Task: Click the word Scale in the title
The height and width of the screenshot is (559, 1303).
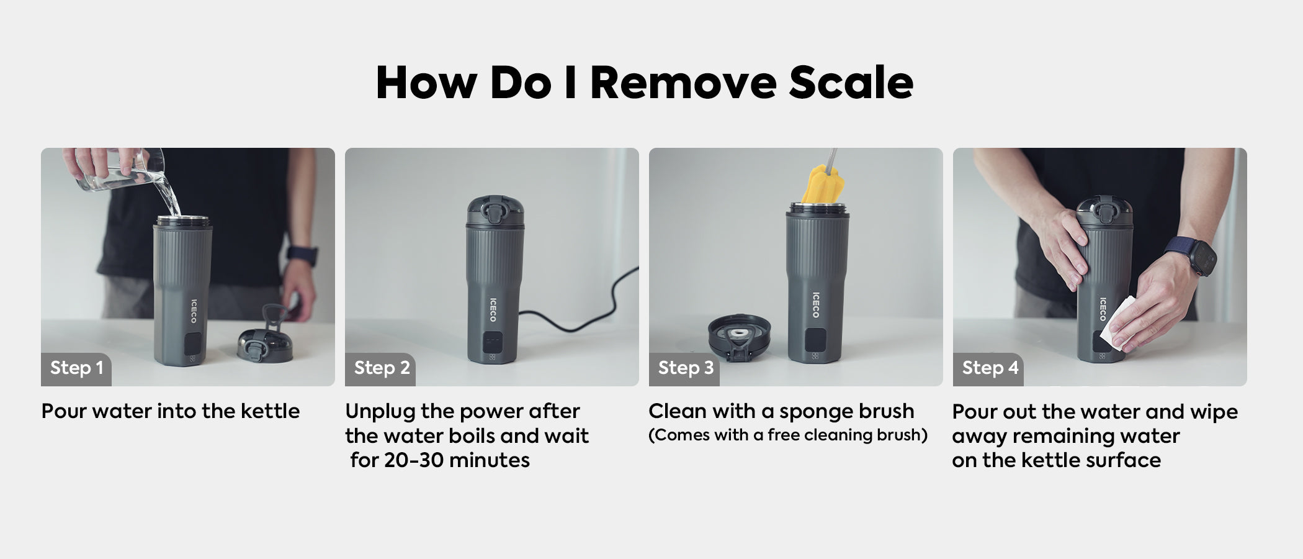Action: (851, 82)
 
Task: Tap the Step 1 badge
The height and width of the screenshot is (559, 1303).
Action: (76, 369)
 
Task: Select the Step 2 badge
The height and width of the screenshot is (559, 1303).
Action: (380, 369)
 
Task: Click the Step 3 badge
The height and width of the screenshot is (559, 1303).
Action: (684, 369)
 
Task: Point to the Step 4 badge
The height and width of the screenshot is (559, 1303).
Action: (988, 369)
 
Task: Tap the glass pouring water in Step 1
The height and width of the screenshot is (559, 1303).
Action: (118, 170)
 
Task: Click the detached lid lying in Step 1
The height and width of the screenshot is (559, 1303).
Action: (265, 339)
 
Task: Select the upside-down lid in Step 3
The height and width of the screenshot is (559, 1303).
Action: (740, 339)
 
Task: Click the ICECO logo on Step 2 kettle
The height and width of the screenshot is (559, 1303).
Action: (493, 309)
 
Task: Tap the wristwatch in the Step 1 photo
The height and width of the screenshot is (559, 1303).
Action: (302, 255)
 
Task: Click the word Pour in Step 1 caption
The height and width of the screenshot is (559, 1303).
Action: (64, 411)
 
